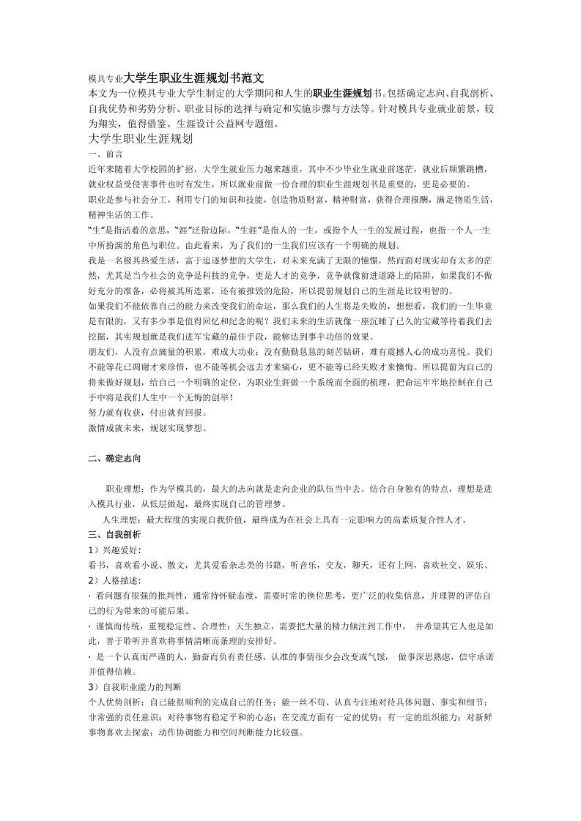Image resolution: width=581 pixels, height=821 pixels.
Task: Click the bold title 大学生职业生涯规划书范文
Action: pos(193,78)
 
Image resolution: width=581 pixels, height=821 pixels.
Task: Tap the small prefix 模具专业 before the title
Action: pos(106,78)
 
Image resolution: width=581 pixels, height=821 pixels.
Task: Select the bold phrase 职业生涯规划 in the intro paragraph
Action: pos(342,94)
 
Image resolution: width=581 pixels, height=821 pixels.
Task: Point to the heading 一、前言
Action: pos(105,155)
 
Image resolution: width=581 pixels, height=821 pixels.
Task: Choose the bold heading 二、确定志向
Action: pos(114,459)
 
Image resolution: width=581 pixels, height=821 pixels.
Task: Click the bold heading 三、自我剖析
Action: pos(109,535)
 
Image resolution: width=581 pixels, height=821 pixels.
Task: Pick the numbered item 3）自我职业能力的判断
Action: pos(136,687)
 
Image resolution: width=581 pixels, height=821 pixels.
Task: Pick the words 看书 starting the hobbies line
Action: pos(96,565)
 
